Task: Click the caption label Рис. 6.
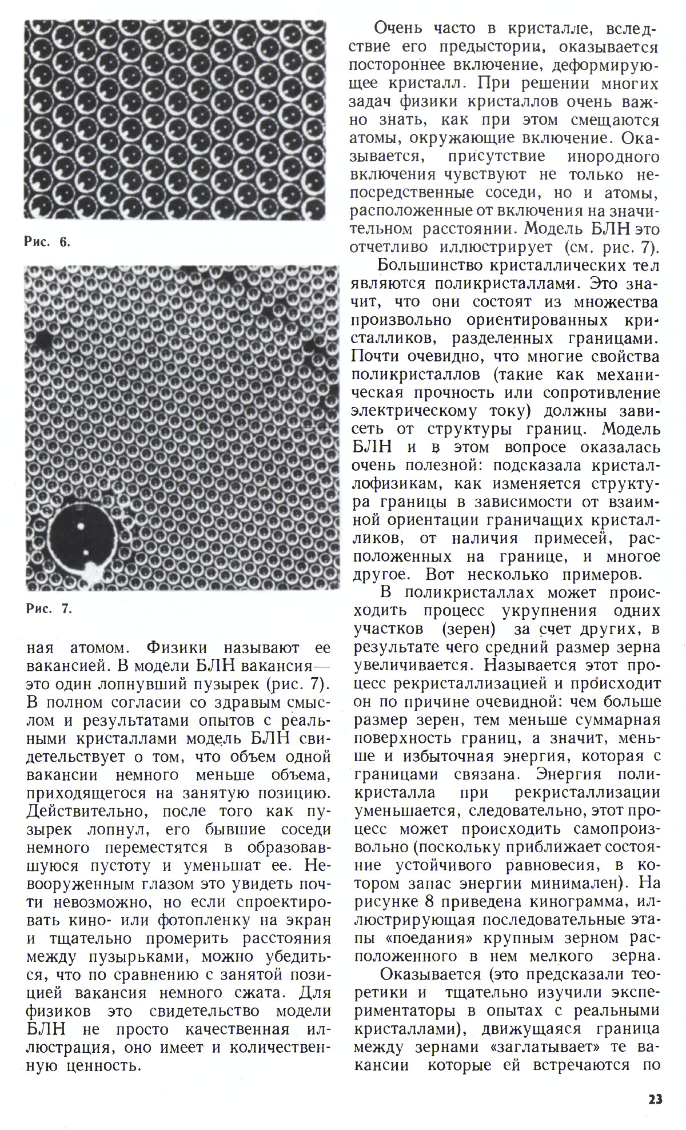click(x=47, y=242)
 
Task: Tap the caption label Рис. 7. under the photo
click(x=49, y=608)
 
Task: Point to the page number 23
click(x=655, y=1099)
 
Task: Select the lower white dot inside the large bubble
click(x=85, y=553)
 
